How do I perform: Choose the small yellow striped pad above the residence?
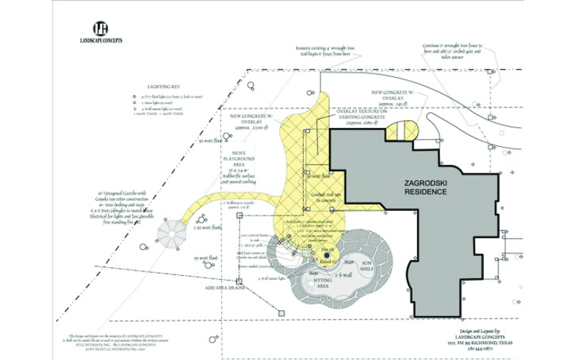[400, 131]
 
